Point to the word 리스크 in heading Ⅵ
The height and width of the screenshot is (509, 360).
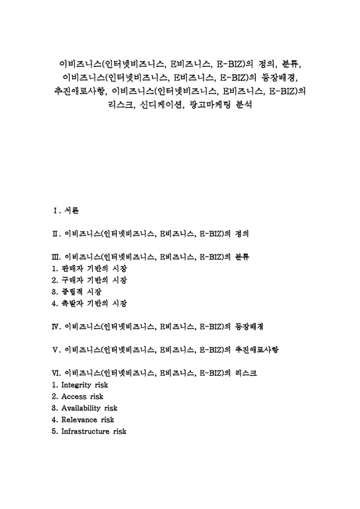pos(246,372)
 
